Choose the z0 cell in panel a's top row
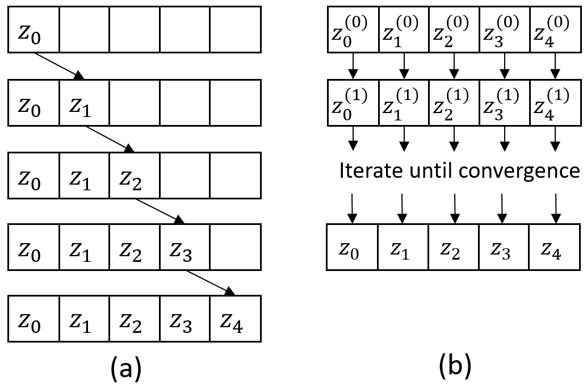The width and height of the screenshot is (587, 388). pos(33,32)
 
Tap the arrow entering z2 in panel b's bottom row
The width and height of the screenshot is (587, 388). pos(454,207)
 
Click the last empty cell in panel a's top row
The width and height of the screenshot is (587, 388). pos(235,32)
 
